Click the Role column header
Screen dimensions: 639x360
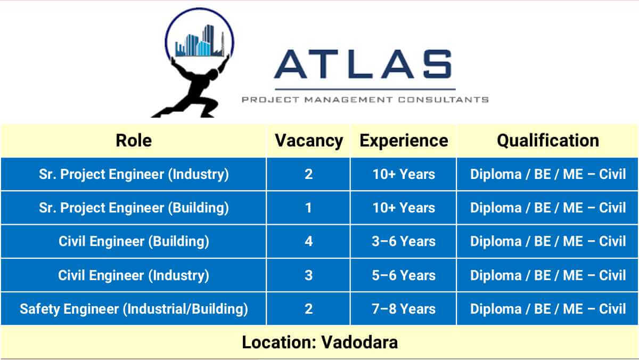pyautogui.click(x=134, y=141)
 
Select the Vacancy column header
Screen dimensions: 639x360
pyautogui.click(x=309, y=141)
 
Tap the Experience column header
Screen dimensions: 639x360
pyautogui.click(x=404, y=141)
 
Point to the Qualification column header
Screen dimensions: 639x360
pyautogui.click(x=548, y=141)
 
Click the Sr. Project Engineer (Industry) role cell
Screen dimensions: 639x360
pyautogui.click(x=134, y=174)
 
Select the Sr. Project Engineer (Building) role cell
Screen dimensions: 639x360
pyautogui.click(x=134, y=208)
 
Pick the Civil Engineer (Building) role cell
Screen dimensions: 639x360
pyautogui.click(x=134, y=241)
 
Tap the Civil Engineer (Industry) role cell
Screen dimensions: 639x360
pyautogui.click(x=134, y=275)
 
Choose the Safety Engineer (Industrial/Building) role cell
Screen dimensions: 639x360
pyautogui.click(x=134, y=309)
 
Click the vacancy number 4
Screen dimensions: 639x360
pyautogui.click(x=309, y=241)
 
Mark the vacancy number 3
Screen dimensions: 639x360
pyautogui.click(x=309, y=275)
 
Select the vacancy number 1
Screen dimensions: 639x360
pyautogui.click(x=308, y=208)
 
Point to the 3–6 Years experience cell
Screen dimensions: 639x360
pyautogui.click(x=404, y=241)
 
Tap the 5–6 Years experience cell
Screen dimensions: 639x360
pyautogui.click(x=404, y=275)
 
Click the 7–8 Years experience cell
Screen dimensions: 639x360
pyautogui.click(x=404, y=309)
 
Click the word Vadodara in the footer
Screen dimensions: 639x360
pyautogui.click(x=359, y=342)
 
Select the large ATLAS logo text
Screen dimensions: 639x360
pyautogui.click(x=363, y=64)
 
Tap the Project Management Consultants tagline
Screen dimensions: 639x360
pyautogui.click(x=365, y=100)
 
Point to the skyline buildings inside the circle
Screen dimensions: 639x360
pyautogui.click(x=200, y=42)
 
